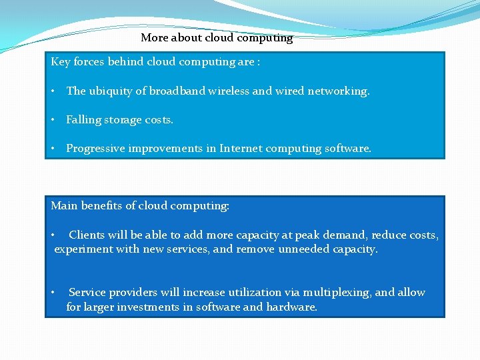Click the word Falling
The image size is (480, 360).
tap(83, 120)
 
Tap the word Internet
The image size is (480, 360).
tap(241, 149)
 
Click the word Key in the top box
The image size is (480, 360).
tap(61, 62)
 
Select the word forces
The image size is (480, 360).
tap(89, 62)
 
